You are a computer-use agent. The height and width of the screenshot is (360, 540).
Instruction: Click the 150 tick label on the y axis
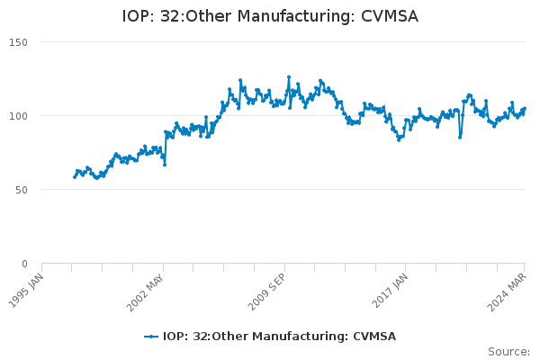(18, 42)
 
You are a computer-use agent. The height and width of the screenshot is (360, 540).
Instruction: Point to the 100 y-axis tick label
(18, 116)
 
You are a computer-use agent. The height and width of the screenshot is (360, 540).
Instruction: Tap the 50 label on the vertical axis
(22, 190)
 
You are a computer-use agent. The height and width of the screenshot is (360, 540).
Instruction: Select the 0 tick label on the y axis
(24, 264)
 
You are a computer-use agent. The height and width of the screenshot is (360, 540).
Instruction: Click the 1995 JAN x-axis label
(26, 291)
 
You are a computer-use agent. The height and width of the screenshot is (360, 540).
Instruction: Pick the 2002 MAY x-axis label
(145, 292)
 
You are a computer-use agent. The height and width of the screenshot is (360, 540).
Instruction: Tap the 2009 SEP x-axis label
(266, 292)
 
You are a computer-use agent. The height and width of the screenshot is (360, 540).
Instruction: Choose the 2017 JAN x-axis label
(390, 291)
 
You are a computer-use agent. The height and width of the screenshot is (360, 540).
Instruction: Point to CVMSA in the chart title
(390, 16)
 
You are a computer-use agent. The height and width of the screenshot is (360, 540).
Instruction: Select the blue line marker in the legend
(151, 337)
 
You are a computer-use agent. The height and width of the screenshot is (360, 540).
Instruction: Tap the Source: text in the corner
(508, 352)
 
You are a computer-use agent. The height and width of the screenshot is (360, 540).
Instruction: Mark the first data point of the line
(75, 177)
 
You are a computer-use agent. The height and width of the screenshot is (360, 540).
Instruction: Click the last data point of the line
(525, 109)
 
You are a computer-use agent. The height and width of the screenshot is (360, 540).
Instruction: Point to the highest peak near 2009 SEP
(289, 77)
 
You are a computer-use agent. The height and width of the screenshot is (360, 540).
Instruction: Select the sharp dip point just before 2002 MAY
(165, 165)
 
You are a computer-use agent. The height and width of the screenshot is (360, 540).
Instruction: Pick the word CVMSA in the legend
(374, 337)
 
